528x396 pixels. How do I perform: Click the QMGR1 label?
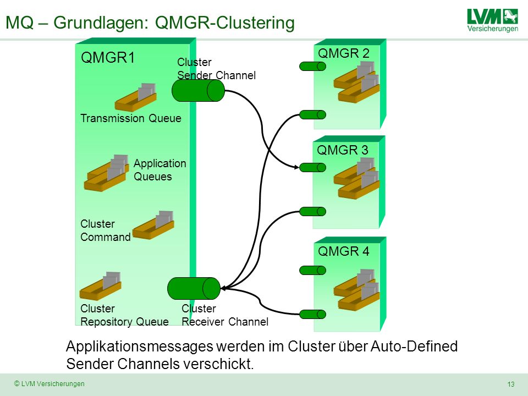108,58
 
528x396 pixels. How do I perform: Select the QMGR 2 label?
343,53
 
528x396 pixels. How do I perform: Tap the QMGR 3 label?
343,150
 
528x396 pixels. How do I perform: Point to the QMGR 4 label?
343,251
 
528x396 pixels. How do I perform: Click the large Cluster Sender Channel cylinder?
198,91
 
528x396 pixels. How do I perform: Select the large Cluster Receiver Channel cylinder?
194,289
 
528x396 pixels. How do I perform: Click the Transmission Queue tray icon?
136,97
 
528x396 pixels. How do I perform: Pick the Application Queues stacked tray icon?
106,173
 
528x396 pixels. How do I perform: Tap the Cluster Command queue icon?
153,226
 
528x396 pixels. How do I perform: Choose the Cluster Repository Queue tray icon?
100,286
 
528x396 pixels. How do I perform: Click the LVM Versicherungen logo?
493,20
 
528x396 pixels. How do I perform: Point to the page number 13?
511,384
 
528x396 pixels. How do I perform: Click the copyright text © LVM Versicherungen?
49,383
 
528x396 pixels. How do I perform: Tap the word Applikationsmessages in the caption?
140,346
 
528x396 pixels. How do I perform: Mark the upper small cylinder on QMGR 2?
312,67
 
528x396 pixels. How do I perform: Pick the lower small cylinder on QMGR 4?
312,315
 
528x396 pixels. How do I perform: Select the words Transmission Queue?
131,118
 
